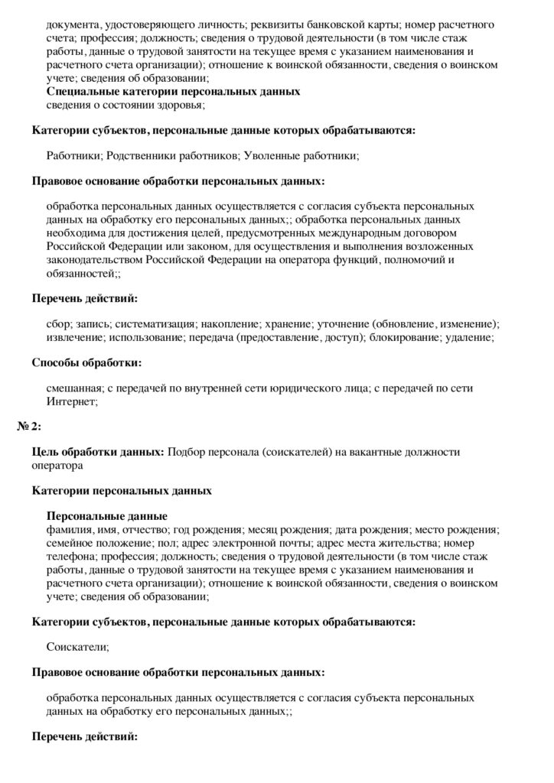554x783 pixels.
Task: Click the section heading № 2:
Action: pos(29,425)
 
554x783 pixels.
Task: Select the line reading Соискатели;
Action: pos(78,647)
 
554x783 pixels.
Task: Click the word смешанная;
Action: pos(73,388)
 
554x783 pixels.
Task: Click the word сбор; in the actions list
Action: pos(59,325)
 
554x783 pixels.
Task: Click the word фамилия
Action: pos(70,529)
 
